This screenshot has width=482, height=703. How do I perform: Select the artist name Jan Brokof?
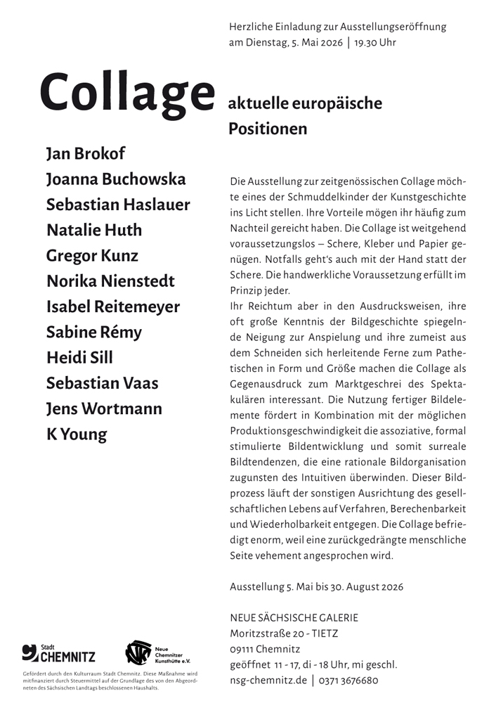tap(85, 154)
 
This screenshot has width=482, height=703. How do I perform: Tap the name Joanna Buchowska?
tap(116, 179)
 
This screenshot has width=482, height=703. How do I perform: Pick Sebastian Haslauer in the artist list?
tap(118, 205)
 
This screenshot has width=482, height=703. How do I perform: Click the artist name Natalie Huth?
tap(94, 230)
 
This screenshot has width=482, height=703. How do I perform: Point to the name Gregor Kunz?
tap(92, 256)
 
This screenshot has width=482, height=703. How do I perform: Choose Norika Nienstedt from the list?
tap(110, 281)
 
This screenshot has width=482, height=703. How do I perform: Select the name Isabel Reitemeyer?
tap(112, 307)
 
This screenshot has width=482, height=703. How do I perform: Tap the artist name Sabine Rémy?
tap(93, 333)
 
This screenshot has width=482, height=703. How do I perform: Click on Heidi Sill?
tap(79, 358)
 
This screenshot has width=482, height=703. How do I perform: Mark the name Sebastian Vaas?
tap(102, 383)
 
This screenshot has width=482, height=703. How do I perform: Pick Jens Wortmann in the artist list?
tap(104, 408)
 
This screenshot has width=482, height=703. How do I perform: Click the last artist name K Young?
tap(77, 434)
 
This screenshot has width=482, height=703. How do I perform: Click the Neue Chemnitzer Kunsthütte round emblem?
tap(138, 653)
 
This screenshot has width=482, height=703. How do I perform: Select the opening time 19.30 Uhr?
tap(375, 42)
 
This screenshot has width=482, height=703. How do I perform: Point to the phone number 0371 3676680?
tap(349, 681)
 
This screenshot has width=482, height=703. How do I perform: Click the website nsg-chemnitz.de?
tap(268, 681)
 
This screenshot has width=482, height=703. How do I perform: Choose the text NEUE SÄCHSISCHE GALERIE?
tap(294, 618)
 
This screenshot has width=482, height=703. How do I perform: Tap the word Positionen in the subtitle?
tap(268, 129)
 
